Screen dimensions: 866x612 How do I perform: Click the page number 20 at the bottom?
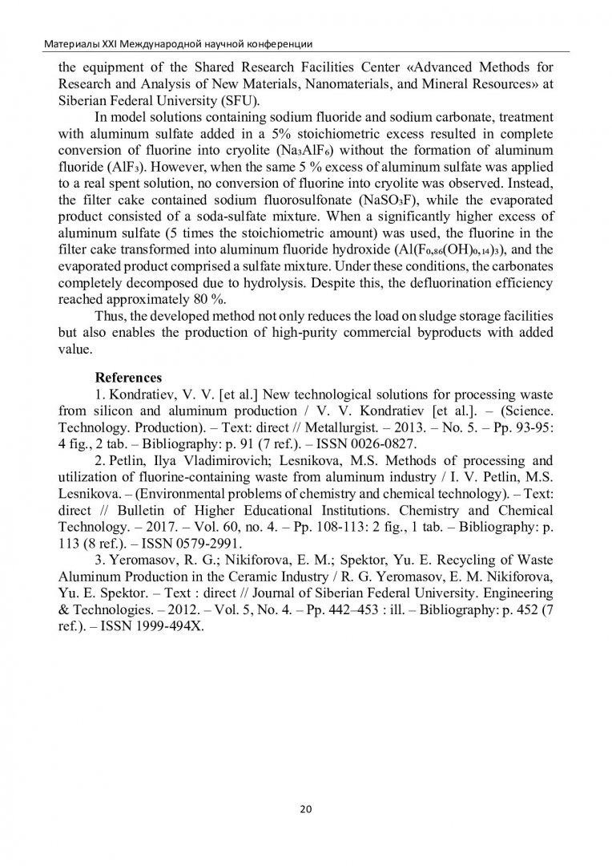tap(305, 808)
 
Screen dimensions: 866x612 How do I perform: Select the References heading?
tap(129, 377)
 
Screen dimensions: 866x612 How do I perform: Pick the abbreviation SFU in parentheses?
tap(236, 102)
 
